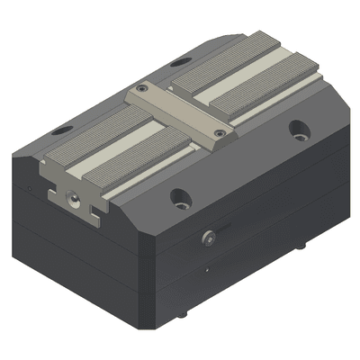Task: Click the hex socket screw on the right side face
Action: pyautogui.click(x=209, y=238)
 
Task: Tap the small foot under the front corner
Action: pyautogui.click(x=184, y=313)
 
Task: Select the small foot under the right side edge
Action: pyautogui.click(x=301, y=244)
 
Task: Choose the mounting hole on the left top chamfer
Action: pyautogui.click(x=62, y=130)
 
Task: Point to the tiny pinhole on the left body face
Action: pyautogui.click(x=29, y=188)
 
